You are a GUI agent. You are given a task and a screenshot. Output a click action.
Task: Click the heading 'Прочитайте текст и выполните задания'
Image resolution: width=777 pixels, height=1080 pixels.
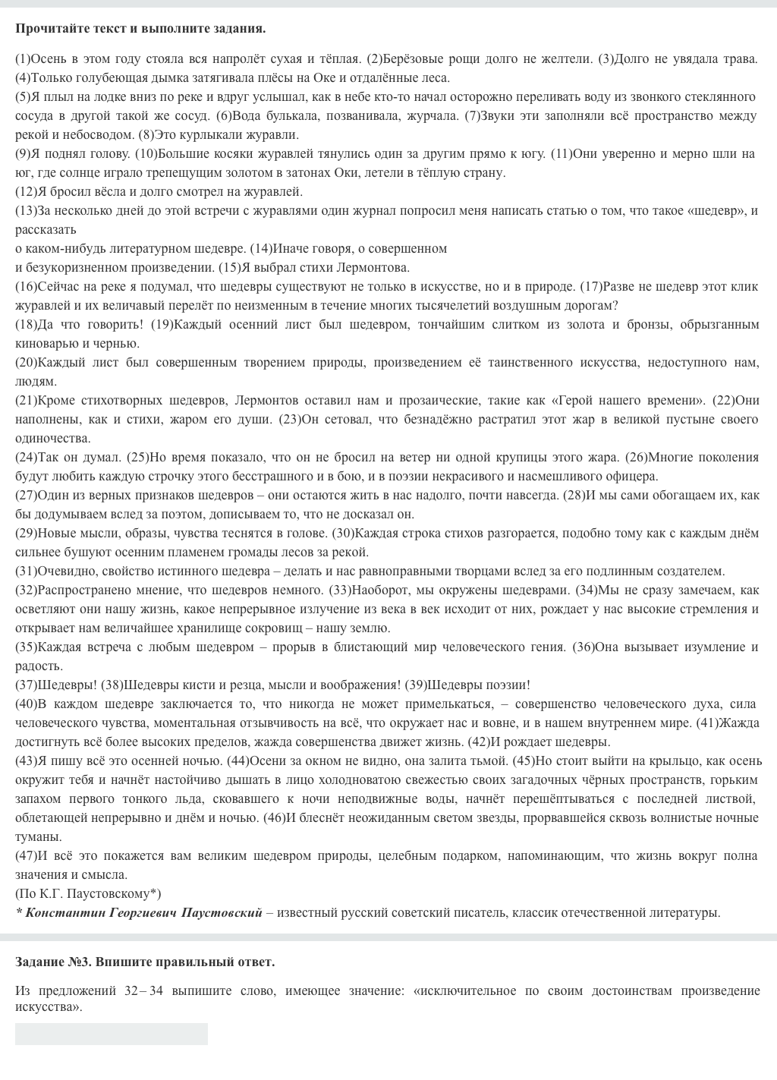(x=140, y=29)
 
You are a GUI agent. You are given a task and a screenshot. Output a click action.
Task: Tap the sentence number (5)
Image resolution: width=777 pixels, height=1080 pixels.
(x=23, y=96)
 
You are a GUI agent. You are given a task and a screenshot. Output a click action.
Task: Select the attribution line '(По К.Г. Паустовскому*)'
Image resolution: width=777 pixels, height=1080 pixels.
(x=88, y=893)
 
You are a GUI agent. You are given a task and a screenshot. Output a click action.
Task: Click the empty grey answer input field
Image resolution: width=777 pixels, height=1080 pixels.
(x=111, y=1034)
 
